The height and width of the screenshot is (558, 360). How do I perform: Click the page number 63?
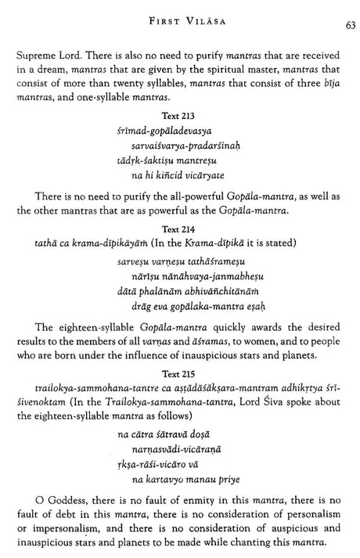click(351, 25)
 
